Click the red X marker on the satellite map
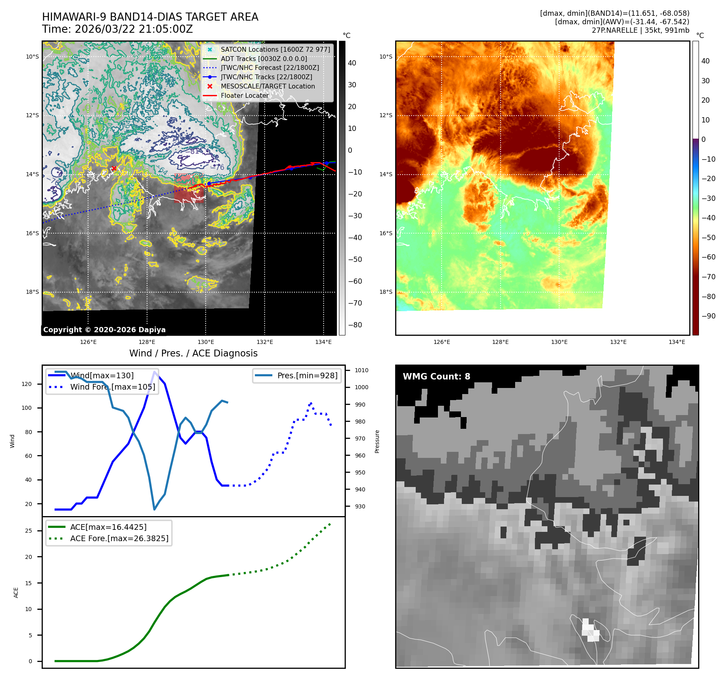[114, 168]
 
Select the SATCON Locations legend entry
[275, 49]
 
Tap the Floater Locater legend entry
[244, 95]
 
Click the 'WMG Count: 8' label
[436, 376]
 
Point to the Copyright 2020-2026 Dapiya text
[104, 330]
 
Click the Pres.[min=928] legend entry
[307, 375]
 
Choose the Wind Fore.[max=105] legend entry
[112, 387]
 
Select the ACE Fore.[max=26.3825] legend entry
[119, 538]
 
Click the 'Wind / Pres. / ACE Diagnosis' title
[193, 353]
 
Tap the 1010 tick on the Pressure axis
[362, 370]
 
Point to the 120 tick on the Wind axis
[27, 384]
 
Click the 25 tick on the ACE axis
[28, 531]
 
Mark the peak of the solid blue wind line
[154, 372]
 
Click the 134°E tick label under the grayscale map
[323, 342]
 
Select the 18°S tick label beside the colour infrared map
[386, 292]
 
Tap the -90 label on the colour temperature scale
[708, 316]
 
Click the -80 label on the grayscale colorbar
[355, 325]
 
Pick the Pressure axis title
[377, 441]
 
